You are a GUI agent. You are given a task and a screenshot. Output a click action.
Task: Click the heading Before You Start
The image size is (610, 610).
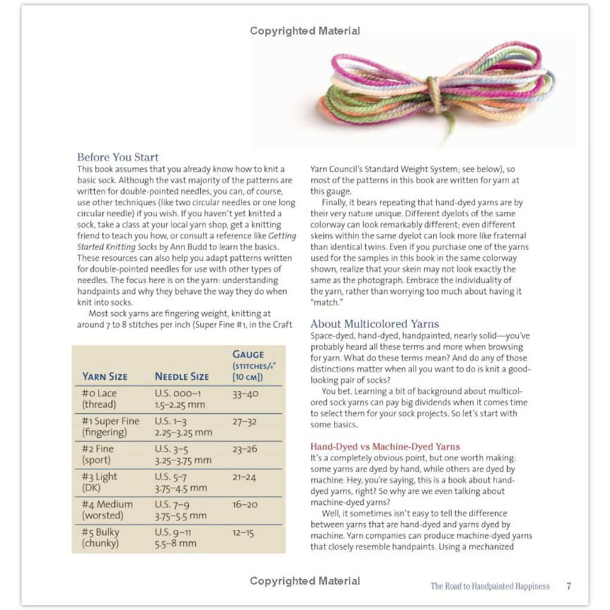coord(118,157)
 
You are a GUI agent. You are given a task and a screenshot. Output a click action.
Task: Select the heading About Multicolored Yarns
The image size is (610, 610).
coord(375,324)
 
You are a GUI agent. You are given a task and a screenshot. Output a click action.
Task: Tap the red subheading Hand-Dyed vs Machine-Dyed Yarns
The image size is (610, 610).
coord(385,446)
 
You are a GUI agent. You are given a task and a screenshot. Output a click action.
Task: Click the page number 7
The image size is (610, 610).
coord(568,586)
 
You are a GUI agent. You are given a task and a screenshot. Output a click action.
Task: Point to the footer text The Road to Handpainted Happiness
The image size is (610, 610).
coord(490,586)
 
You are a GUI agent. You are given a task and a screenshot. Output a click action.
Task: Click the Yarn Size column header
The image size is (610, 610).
coord(105,376)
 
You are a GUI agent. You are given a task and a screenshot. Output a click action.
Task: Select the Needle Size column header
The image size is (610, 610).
coord(182,376)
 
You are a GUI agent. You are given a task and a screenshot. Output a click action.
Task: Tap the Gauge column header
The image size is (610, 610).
coord(248,354)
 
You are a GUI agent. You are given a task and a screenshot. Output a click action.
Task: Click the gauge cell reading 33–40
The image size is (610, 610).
coord(244,394)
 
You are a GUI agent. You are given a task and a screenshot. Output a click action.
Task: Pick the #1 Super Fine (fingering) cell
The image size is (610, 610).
coord(110,427)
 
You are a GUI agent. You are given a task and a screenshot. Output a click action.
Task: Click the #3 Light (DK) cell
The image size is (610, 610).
coord(100,482)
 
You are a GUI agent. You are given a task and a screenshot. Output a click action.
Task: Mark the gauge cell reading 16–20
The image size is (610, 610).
coord(245,505)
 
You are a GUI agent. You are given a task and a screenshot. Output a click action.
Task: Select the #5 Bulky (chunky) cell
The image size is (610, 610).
coord(101,537)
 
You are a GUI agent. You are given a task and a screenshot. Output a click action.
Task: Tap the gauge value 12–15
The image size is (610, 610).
coord(244,532)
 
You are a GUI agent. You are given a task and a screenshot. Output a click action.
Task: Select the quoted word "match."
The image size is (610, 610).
coord(328,303)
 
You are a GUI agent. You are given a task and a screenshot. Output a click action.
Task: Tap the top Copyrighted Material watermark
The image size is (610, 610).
coord(305,31)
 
